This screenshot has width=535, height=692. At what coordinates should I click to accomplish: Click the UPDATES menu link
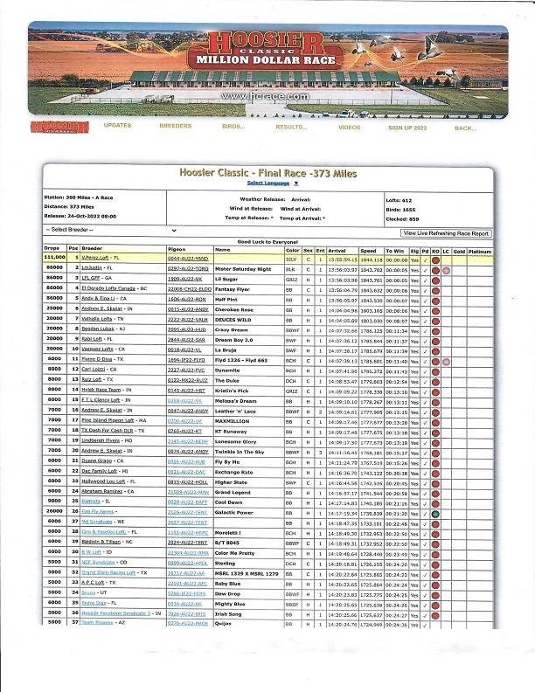click(117, 127)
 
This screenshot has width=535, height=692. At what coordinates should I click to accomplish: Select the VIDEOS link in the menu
click(349, 128)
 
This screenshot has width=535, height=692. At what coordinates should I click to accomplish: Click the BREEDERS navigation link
click(175, 127)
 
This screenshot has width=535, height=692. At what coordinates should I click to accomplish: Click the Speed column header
click(369, 250)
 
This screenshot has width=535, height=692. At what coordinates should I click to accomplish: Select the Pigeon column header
click(177, 250)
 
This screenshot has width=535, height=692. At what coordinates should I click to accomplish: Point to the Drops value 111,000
click(55, 259)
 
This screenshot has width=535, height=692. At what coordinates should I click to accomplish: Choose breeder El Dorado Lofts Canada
click(114, 288)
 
